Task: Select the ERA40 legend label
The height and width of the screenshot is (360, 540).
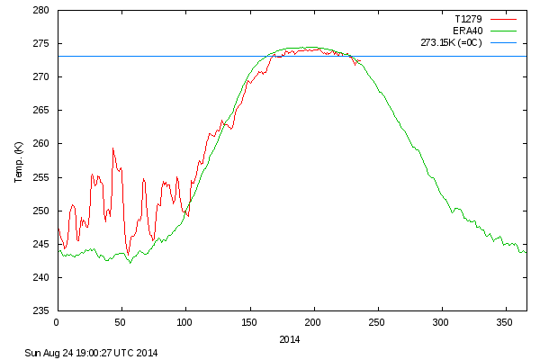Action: pos(467,30)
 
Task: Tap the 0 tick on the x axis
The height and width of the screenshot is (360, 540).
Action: pos(57,321)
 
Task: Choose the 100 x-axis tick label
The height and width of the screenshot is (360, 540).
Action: pos(184,321)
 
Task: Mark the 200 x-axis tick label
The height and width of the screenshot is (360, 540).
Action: pos(313,321)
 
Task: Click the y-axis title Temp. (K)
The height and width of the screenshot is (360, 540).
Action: pos(18,161)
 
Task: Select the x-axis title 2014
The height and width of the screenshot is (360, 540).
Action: pos(289,339)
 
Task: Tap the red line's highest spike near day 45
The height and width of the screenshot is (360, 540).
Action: pos(113,148)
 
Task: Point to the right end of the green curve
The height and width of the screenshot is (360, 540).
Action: pos(526,252)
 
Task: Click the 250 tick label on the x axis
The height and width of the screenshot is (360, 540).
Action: pos(377,321)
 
